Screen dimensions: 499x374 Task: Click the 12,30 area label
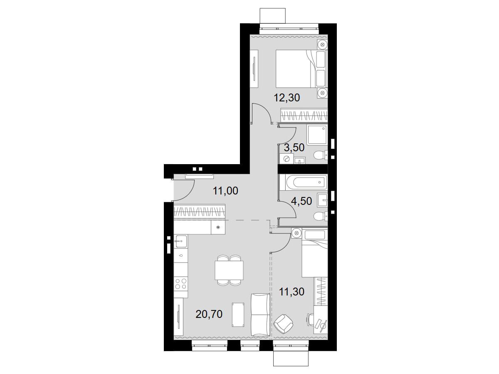coord(287,98)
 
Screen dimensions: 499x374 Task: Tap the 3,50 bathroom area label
coord(294,148)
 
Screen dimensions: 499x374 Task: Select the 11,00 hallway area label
coord(225,191)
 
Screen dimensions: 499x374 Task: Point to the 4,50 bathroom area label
coord(301,201)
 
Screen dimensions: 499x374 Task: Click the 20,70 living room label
coord(209,314)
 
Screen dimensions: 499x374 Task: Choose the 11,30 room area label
coord(291,292)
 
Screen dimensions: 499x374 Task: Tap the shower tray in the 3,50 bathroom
coord(317,135)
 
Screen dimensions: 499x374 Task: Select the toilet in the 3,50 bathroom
coord(321,155)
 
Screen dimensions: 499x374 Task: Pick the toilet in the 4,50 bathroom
coord(321,216)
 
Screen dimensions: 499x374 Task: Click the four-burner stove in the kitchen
coord(181,284)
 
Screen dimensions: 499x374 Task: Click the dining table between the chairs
coord(229,271)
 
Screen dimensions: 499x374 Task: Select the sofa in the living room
coord(261,318)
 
